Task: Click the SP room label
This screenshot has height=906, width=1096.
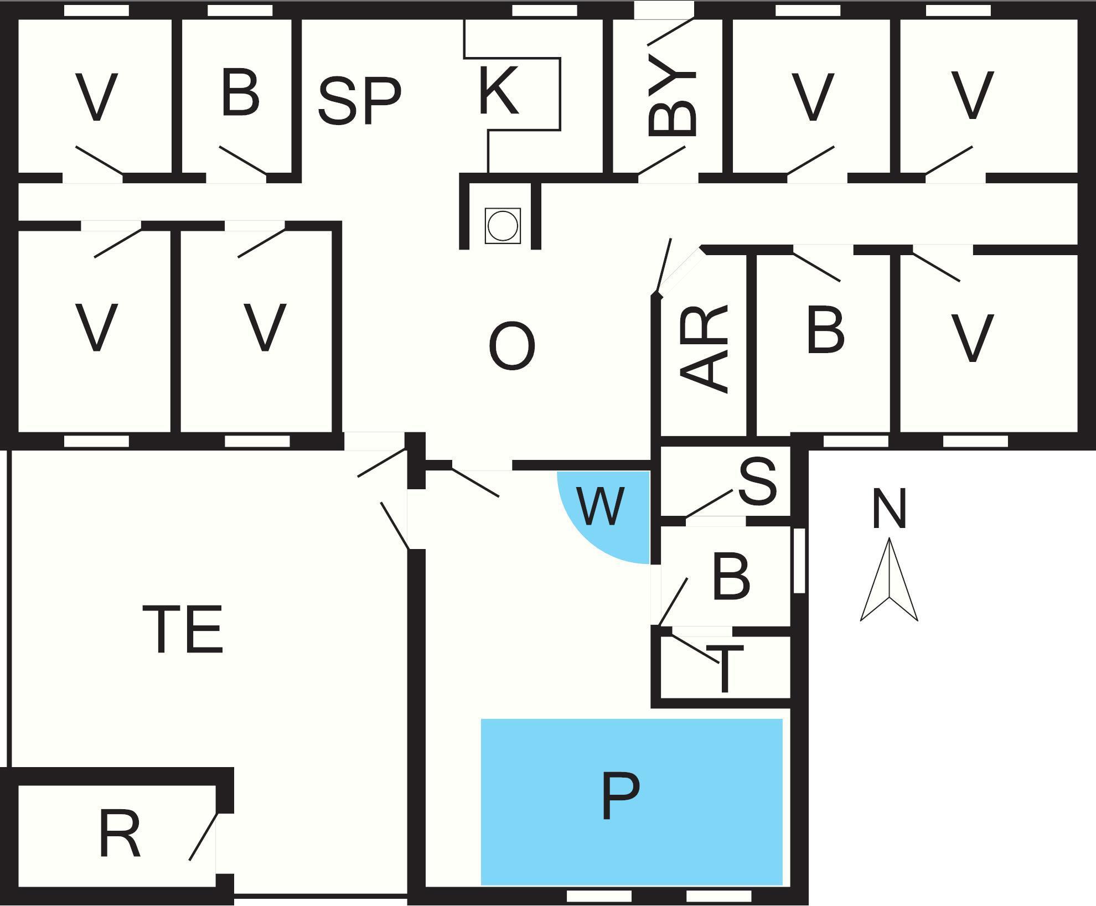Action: (360, 101)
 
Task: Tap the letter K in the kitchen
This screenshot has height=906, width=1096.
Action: (499, 90)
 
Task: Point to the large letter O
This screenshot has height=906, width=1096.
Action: (512, 347)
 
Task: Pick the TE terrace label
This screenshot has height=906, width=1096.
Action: (183, 629)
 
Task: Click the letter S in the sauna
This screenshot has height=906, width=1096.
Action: (758, 482)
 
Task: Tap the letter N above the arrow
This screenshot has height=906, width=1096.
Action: (889, 508)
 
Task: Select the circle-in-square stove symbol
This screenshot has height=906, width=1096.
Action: (503, 226)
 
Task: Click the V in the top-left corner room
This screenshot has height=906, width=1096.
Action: (97, 97)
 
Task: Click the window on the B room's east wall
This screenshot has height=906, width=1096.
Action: (799, 561)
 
